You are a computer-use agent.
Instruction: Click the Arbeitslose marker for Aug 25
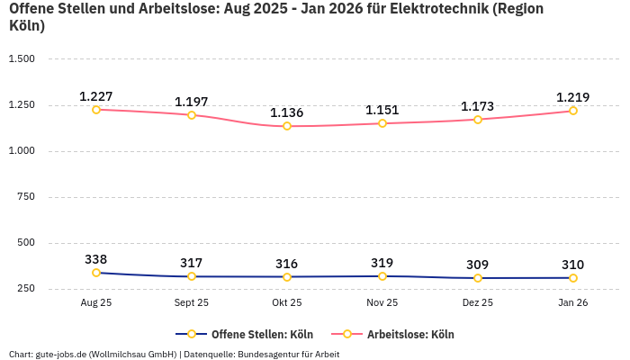96,110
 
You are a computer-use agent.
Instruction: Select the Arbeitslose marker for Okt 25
287,126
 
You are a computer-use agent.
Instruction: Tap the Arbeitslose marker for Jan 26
572,111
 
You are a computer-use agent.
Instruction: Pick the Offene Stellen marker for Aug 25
96,273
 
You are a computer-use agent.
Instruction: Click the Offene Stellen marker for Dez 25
478,278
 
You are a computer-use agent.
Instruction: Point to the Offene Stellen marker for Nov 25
382,276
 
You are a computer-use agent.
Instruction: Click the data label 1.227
96,96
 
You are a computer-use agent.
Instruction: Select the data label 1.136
287,112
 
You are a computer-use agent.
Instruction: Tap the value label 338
96,259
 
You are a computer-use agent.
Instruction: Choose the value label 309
478,265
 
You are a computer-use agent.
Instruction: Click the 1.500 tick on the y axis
21,59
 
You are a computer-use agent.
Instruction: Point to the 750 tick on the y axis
24,197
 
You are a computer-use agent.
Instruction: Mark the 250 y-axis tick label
24,289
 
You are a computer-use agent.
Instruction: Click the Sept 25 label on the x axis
192,303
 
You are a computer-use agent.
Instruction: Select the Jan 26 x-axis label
572,303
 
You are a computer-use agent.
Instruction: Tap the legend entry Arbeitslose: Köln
410,335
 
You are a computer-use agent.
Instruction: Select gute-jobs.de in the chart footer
61,355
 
